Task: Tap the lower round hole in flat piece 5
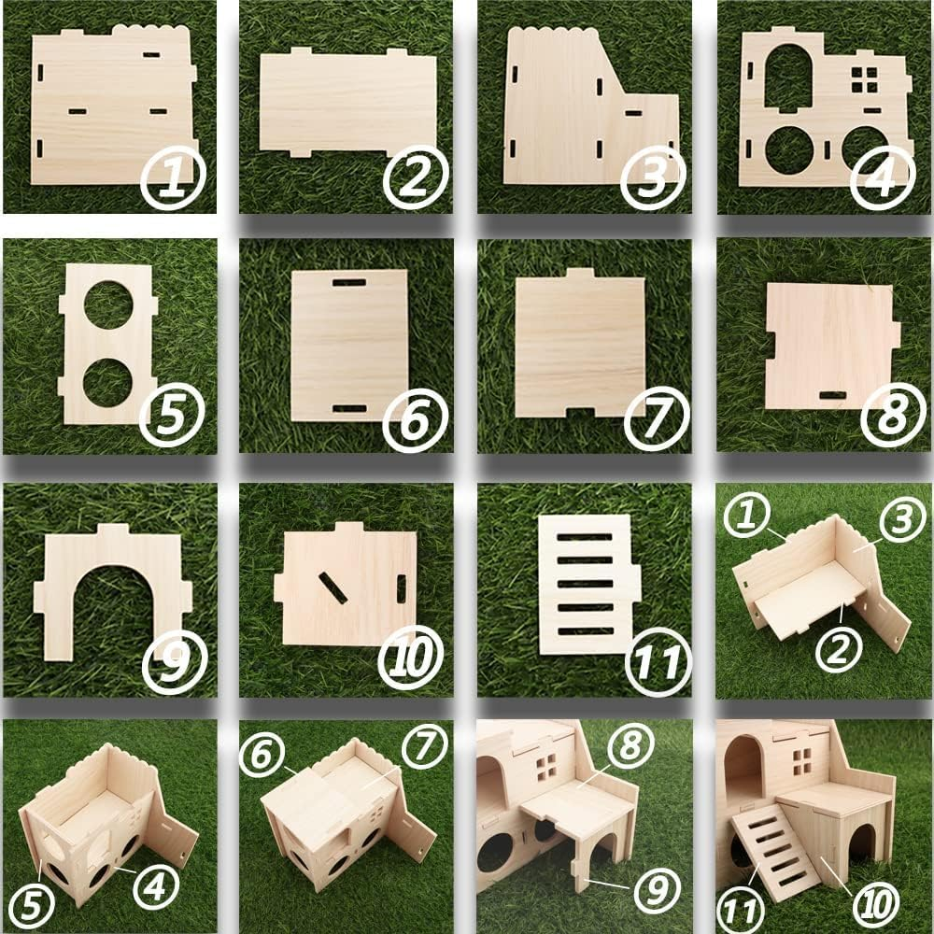[106, 384]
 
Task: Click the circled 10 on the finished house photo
[875, 902]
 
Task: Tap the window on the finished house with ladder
[805, 759]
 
